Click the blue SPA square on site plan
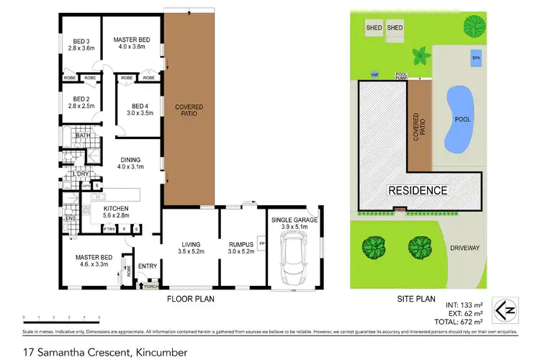(x=474, y=58)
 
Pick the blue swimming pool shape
(x=459, y=120)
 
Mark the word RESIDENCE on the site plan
(x=418, y=191)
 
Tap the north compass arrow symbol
(x=508, y=310)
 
